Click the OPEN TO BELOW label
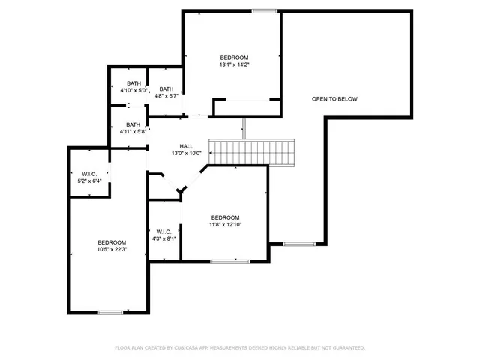click(x=334, y=99)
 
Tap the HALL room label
click(x=186, y=146)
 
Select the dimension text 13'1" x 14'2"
click(x=234, y=64)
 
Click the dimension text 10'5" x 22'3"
click(x=112, y=250)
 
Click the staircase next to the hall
click(x=253, y=152)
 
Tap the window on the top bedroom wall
click(x=264, y=10)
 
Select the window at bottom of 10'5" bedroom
click(x=109, y=311)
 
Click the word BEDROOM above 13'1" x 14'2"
click(x=234, y=58)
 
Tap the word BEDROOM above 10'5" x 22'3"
click(x=112, y=242)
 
